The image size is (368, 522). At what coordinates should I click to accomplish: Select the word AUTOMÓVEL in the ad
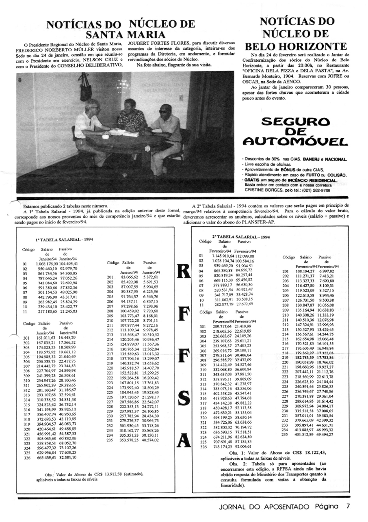295,141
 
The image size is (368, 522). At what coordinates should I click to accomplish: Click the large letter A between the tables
184,438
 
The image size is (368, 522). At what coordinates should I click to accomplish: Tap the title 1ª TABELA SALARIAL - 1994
64,240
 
